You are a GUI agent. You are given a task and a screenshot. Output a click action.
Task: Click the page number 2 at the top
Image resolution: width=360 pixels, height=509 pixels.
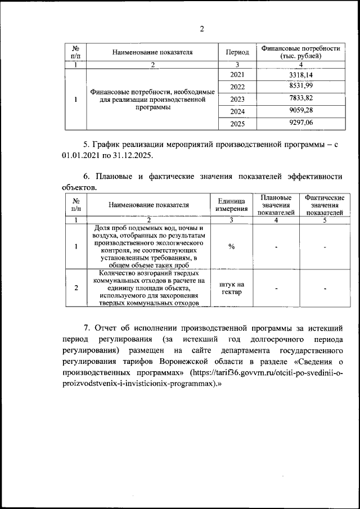click(202, 29)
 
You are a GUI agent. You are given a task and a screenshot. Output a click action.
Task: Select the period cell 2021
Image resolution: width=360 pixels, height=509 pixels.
click(237, 75)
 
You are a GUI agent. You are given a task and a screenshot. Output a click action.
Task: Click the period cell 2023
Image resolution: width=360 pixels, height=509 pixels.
click(237, 99)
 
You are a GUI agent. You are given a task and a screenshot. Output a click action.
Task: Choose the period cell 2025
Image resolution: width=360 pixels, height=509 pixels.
click(237, 124)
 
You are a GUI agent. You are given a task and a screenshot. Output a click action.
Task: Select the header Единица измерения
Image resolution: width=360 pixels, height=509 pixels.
click(231, 205)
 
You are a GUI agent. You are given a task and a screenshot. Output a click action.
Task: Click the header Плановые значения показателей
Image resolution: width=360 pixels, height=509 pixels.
click(276, 205)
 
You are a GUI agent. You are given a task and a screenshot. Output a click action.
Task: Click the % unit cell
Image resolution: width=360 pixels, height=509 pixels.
click(231, 246)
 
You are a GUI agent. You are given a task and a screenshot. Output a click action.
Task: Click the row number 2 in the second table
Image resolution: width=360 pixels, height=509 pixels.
click(76, 288)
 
